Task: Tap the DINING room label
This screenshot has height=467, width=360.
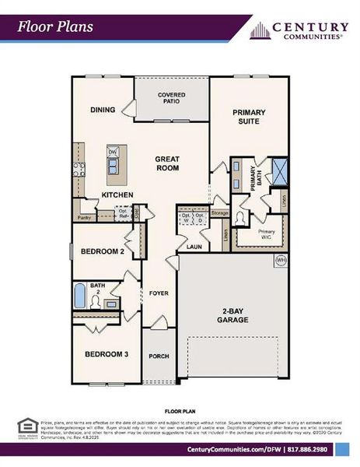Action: [103, 110]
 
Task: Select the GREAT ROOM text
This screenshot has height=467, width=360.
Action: [167, 162]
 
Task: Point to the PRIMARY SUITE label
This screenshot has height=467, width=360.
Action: [249, 117]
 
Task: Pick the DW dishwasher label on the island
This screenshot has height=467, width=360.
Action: [113, 152]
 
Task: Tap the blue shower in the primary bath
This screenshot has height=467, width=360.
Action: [279, 169]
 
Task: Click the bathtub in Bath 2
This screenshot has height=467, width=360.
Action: [79, 297]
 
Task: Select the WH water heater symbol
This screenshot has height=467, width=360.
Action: [281, 260]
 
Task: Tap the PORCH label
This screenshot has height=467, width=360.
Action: [159, 356]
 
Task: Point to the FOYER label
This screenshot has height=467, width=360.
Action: [159, 293]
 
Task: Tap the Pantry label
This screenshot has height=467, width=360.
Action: [85, 219]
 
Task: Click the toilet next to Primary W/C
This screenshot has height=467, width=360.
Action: [243, 219]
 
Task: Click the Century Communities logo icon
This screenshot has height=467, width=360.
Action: [259, 30]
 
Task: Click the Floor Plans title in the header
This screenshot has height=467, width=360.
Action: [56, 26]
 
